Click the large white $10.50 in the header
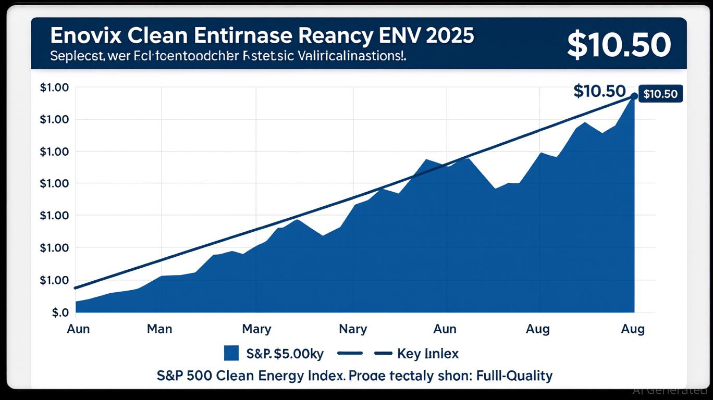click(x=618, y=46)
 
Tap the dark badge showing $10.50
click(x=660, y=94)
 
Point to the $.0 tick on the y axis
click(x=60, y=312)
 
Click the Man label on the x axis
click(x=159, y=329)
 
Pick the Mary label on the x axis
click(x=256, y=329)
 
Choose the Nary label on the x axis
click(x=353, y=329)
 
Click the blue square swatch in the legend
click(x=231, y=353)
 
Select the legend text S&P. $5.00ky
click(x=285, y=354)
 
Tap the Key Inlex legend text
click(x=427, y=354)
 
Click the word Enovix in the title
click(x=83, y=36)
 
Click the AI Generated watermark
click(x=669, y=390)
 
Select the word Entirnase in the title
click(x=226, y=36)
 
